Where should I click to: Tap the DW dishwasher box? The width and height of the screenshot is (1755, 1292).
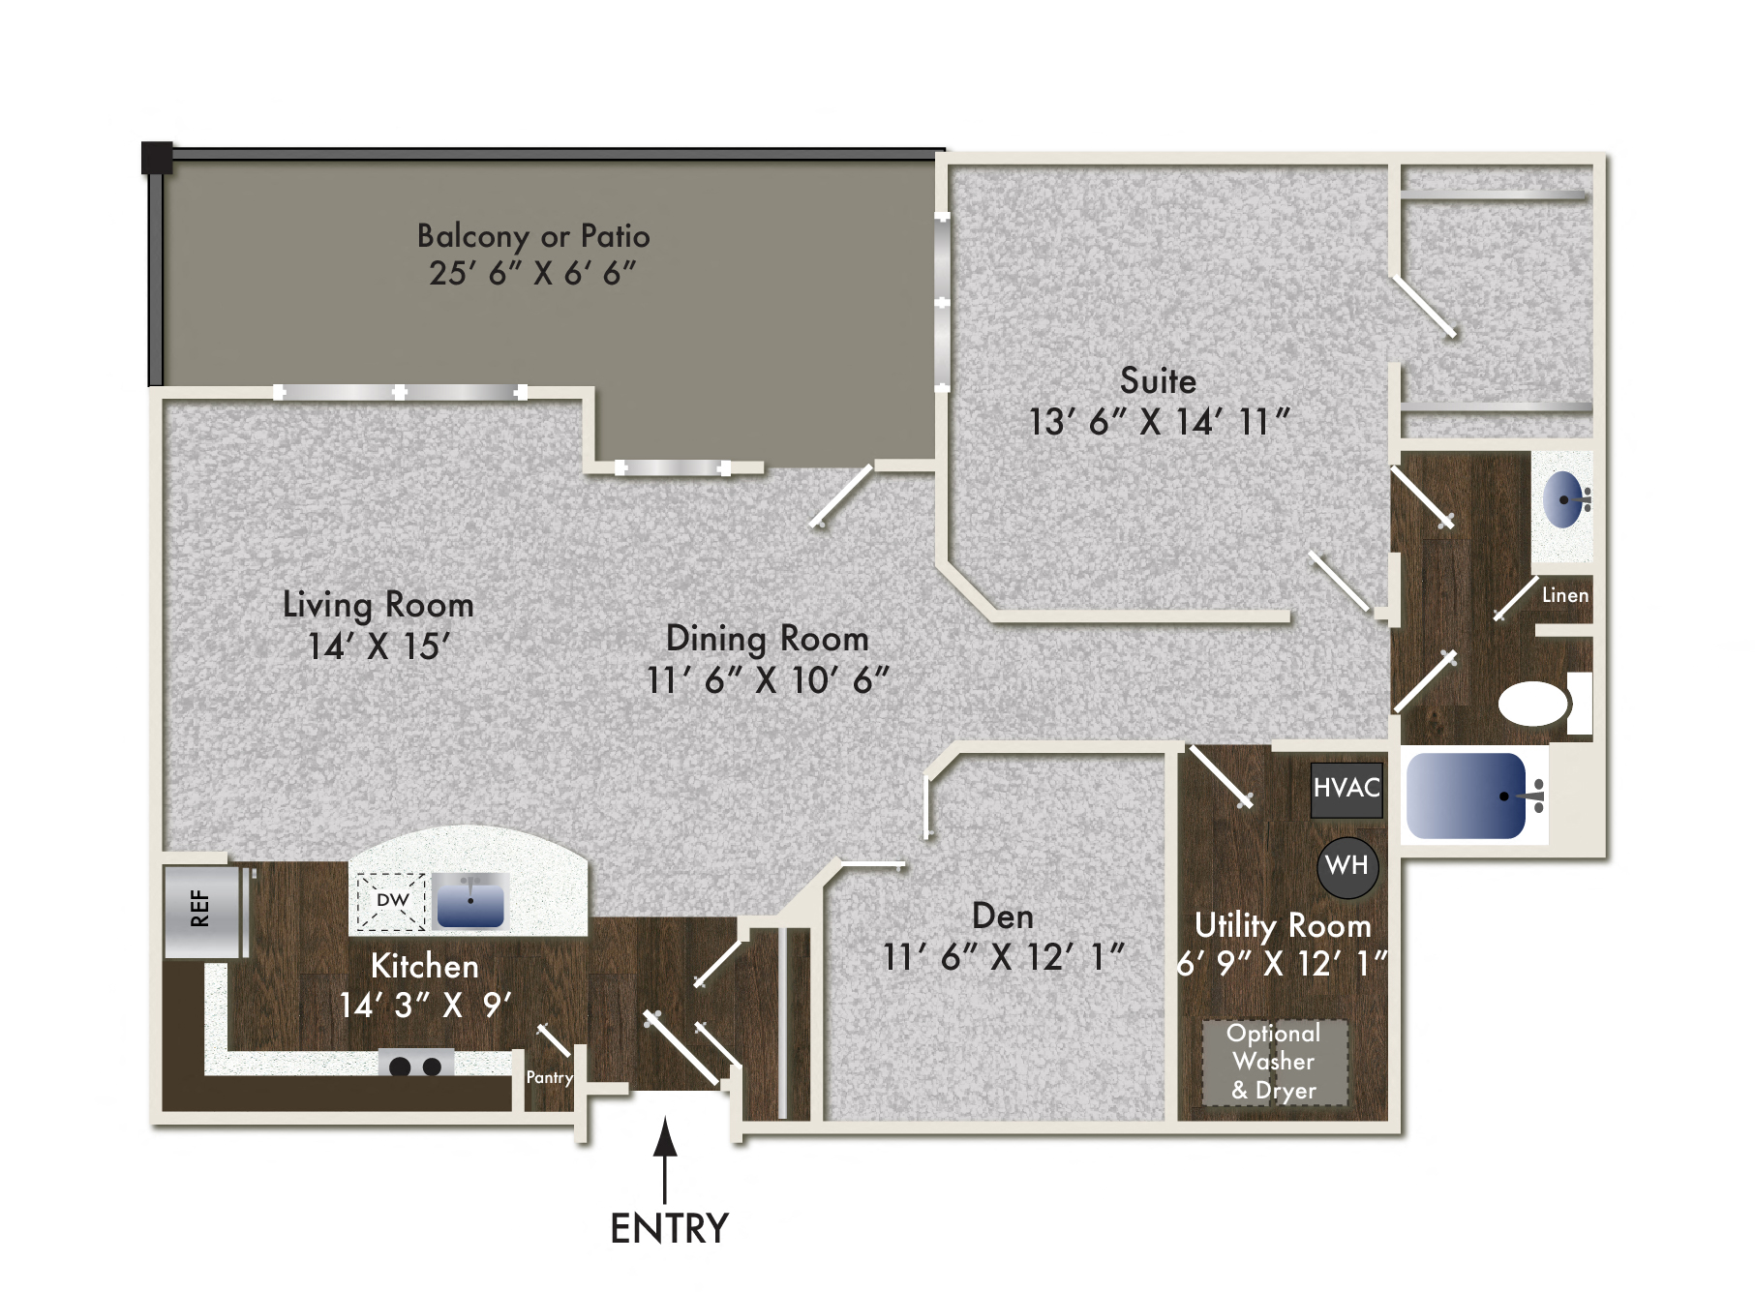pos(391,901)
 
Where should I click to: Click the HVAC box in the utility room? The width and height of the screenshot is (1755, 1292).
pos(1346,789)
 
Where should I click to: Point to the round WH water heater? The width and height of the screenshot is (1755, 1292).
pos(1347,865)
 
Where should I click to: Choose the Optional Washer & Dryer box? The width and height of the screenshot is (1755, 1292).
pos(1274,1062)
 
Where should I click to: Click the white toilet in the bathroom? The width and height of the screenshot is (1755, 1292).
pos(1535,704)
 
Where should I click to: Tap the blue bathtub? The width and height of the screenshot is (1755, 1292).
pos(1466,796)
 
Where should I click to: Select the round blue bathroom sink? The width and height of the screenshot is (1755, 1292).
pos(1562,500)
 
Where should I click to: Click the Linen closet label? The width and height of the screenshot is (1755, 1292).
pos(1564,595)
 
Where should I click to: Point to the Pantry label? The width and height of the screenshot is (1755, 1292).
pos(549,1077)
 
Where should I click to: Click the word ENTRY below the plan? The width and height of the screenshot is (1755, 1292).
pos(669,1228)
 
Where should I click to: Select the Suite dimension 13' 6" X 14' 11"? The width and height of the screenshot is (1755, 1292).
pos(1159,422)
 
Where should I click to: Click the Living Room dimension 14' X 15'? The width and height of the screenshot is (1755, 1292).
pos(378,646)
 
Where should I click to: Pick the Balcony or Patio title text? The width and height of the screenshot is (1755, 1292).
pos(533,236)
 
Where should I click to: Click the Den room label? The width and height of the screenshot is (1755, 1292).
pos(1002,916)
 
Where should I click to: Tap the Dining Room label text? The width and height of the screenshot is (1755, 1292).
pos(767,639)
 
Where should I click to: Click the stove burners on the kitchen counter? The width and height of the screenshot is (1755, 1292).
pos(415,1066)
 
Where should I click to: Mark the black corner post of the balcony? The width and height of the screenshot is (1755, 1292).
pos(157,157)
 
